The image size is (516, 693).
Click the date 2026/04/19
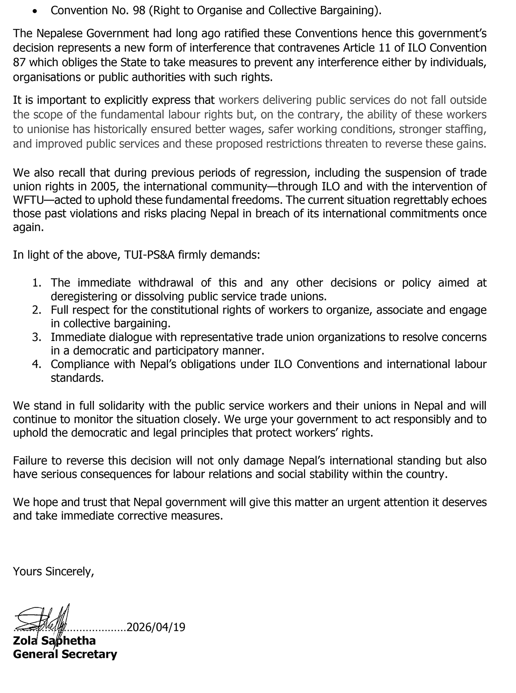tap(156, 627)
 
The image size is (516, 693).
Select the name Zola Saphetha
tap(54, 640)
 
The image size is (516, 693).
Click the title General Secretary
tap(65, 654)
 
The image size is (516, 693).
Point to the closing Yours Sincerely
tap(53, 571)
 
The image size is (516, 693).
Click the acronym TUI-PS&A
tap(149, 254)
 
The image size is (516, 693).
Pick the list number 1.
tap(37, 283)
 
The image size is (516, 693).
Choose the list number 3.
tap(37, 337)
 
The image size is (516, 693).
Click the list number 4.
tap(37, 364)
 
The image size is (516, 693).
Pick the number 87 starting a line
tap(19, 62)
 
